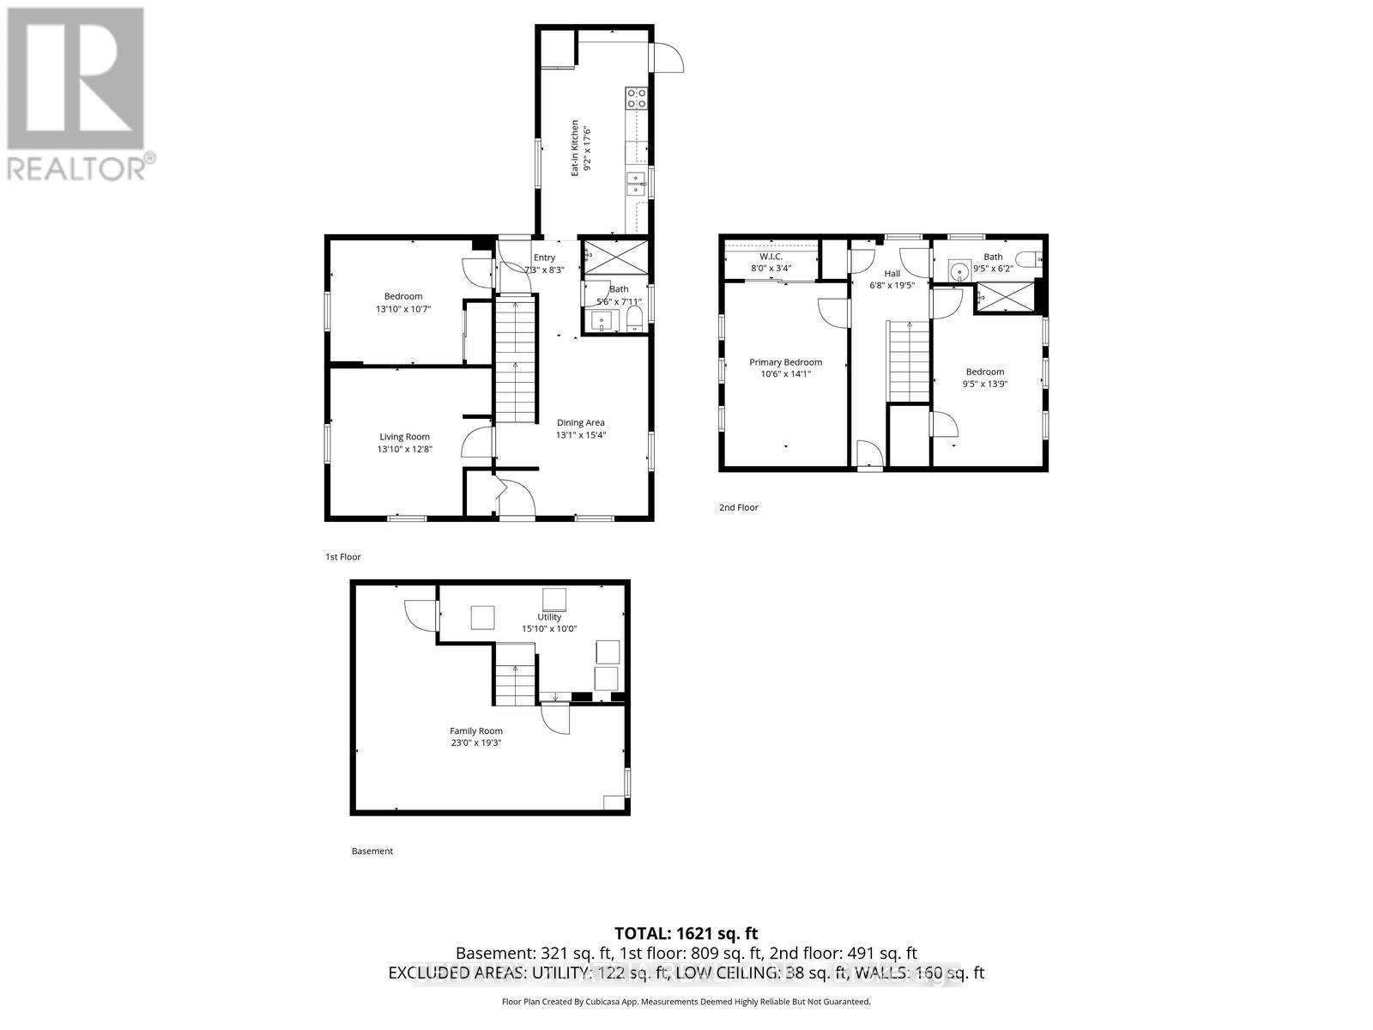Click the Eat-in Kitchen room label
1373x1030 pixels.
576,148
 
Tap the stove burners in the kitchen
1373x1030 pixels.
636,99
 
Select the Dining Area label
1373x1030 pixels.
581,422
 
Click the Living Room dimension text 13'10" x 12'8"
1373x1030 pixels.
405,449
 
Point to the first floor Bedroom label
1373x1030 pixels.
403,296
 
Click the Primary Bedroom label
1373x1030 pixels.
785,362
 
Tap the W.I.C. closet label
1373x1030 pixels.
771,257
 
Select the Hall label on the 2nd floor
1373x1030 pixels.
892,274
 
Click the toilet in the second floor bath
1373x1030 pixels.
1028,257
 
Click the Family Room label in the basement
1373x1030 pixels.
476,731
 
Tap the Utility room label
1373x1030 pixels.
549,617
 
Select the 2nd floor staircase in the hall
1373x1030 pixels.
909,360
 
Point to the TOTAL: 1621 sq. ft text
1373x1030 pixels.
686,933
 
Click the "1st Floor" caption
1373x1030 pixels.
343,557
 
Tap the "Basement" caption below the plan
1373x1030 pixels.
372,851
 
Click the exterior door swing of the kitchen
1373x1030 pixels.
668,58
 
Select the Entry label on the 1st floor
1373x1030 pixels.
544,257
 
